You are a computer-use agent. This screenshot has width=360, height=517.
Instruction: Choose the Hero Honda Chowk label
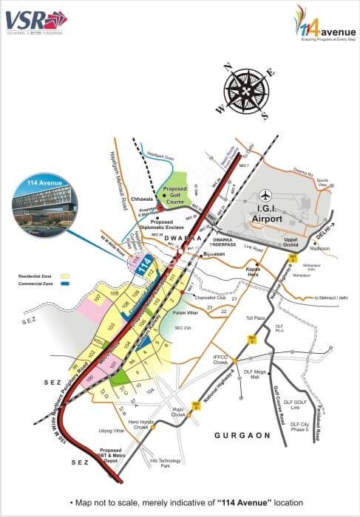coord(140,425)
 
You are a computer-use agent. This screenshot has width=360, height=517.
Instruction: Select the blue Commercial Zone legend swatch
coord(67,283)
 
